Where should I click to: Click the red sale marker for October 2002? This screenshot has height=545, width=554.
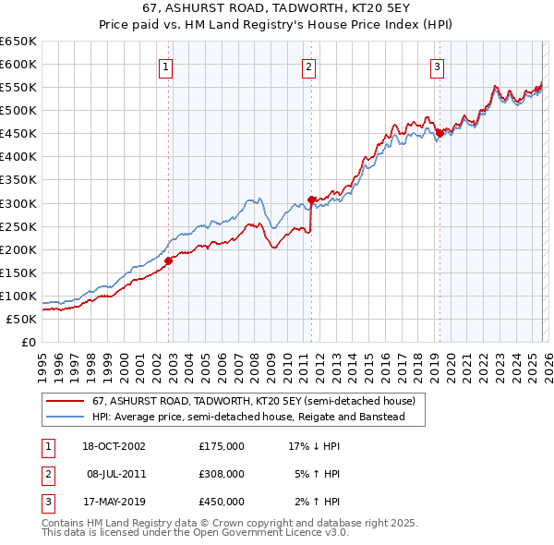coord(169,260)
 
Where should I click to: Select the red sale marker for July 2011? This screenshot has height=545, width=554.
coord(312,199)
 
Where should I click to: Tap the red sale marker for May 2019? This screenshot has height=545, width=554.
coord(440,133)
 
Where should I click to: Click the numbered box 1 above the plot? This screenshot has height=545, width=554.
coord(165,66)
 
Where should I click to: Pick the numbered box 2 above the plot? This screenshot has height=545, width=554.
coord(308,66)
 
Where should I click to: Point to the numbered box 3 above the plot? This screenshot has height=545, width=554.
coord(437,66)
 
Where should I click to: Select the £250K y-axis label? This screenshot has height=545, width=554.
coord(18,226)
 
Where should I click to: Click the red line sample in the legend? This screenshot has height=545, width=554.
coord(66,402)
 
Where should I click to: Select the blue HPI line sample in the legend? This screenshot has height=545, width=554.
coord(66,418)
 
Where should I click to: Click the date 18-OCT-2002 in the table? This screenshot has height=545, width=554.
coord(114,446)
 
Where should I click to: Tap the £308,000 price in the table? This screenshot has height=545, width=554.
coord(221,474)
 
